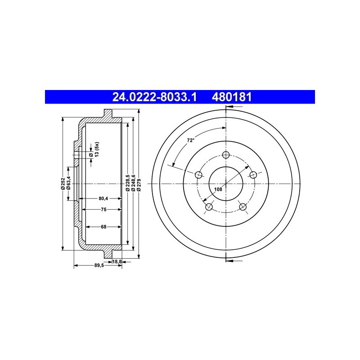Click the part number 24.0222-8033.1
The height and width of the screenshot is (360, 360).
(154, 97)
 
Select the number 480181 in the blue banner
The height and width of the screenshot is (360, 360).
(232, 97)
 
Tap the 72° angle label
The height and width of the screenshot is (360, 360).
(190, 140)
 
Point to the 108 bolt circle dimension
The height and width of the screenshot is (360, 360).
(218, 189)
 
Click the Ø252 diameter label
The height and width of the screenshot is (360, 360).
(63, 184)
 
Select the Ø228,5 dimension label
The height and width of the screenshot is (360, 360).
(128, 183)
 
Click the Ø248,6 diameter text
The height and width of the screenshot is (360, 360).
(133, 183)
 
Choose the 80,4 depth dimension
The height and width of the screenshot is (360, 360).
(103, 198)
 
